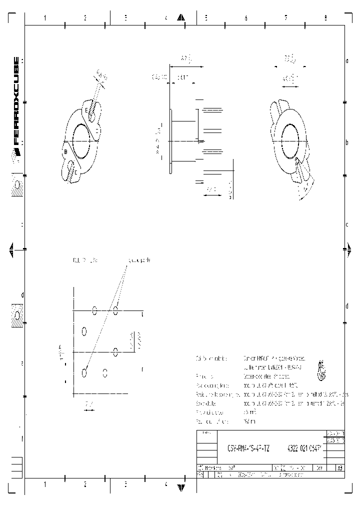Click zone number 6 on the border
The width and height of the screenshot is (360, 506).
tap(245, 18)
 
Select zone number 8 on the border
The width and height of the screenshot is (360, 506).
tap(325, 18)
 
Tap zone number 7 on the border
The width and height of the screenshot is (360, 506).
tap(285, 18)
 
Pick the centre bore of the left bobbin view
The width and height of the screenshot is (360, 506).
tap(82, 134)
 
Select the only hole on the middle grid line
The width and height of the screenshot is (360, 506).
tap(115, 352)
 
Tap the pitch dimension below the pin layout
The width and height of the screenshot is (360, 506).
tap(88, 403)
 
